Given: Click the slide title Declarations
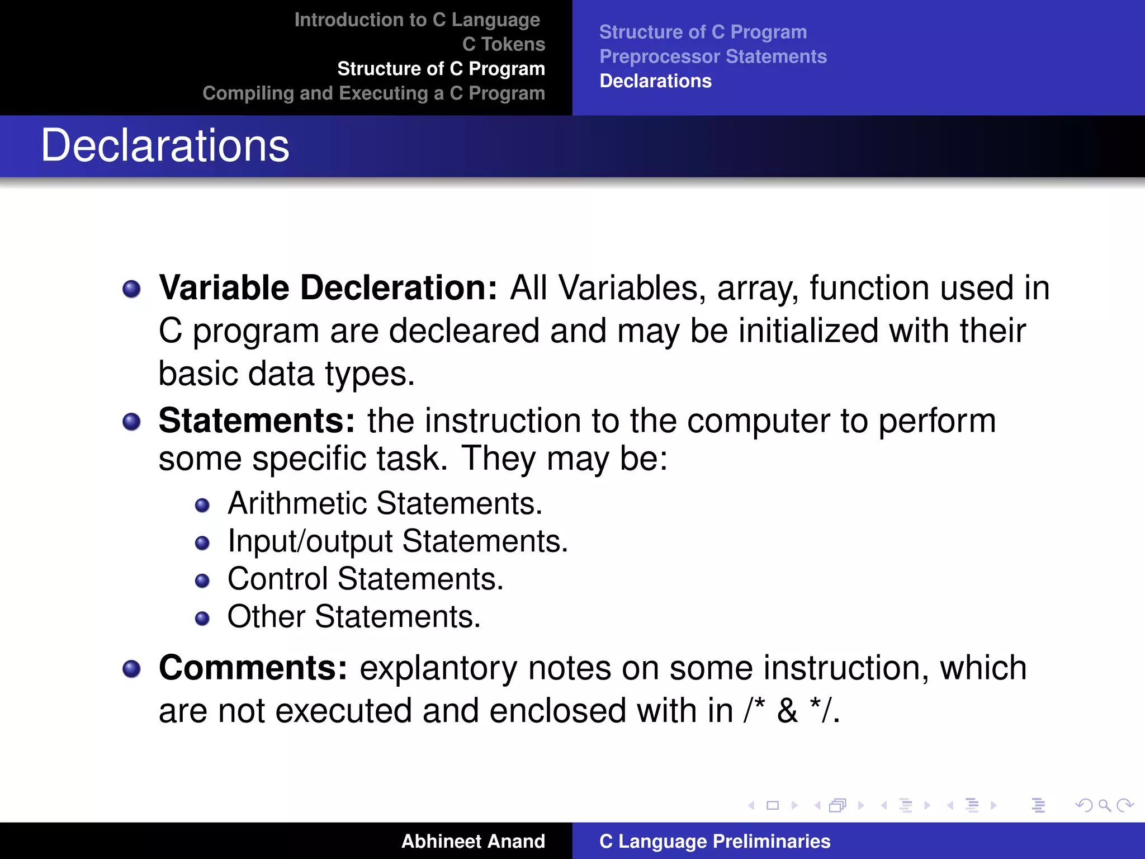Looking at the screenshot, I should click(165, 146).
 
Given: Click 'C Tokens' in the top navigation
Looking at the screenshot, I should click(503, 44).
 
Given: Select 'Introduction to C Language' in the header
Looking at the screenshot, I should click(417, 20).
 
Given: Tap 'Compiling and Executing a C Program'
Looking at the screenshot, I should click(373, 93).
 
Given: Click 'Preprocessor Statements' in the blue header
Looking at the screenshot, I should click(713, 56).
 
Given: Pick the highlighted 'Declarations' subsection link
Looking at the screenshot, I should click(655, 81).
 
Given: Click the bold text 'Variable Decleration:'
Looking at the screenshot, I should click(328, 288).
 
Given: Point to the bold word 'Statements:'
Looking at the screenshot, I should click(257, 421).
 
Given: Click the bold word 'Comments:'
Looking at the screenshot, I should click(253, 668).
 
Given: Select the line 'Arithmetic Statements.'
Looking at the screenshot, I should click(385, 503).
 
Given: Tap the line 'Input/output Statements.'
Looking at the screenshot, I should click(398, 541).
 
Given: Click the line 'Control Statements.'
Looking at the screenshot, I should click(365, 579).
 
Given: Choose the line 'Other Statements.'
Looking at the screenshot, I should click(354, 617).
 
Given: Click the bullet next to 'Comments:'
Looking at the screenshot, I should click(131, 668).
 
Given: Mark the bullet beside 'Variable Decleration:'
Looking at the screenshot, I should click(131, 289).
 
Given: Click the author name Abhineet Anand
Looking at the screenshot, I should click(473, 841).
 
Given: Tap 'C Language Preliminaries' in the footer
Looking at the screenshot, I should click(715, 841).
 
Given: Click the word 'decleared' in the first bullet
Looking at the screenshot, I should click(463, 331).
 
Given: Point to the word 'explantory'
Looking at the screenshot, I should click(438, 668).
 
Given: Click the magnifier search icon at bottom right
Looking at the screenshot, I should click(1104, 805).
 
